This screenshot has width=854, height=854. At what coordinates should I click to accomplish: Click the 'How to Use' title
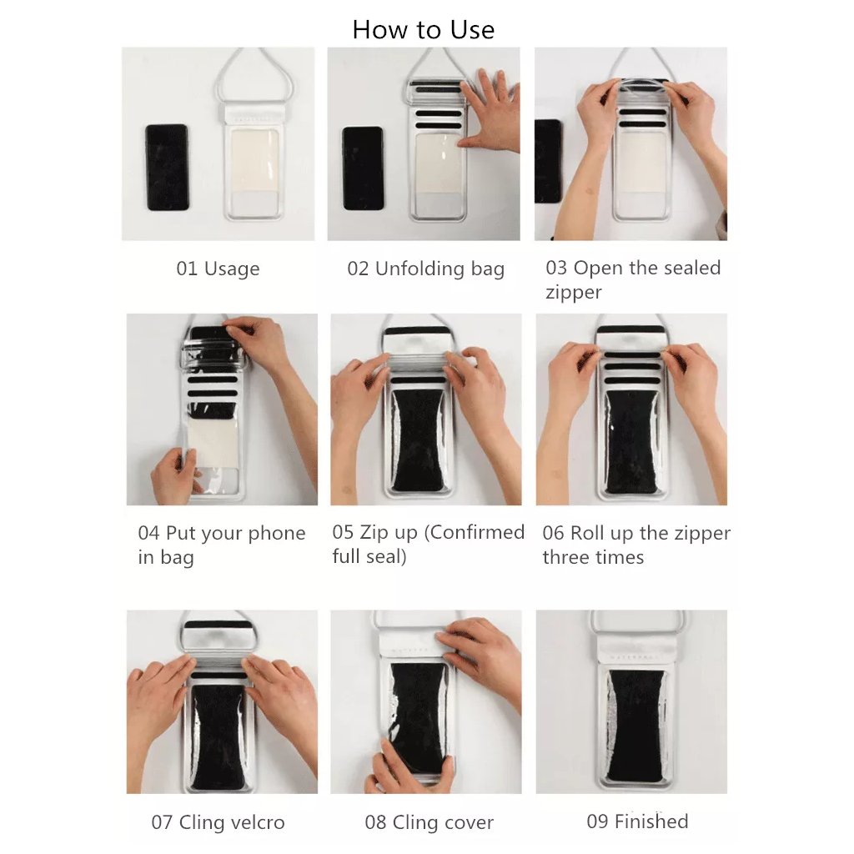[x=423, y=29]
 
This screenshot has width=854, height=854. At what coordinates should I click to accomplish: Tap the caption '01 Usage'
[x=218, y=269]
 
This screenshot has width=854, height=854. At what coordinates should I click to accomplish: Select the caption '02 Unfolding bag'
[x=426, y=269]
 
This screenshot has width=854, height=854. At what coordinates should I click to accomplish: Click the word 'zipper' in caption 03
[x=574, y=293]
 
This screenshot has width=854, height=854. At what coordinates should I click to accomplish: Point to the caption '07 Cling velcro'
[x=218, y=821]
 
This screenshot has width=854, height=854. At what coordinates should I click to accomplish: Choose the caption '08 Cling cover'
[x=430, y=822]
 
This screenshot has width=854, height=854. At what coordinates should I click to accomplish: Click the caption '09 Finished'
[x=637, y=821]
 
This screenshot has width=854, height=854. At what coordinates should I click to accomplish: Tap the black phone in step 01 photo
[x=167, y=167]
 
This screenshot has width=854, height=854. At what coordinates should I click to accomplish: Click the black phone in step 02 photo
[x=363, y=168]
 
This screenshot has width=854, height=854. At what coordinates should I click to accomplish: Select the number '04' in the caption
[x=148, y=533]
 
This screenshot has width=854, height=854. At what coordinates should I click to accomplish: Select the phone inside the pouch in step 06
[x=631, y=442]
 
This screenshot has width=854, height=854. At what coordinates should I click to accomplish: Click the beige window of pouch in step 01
[x=254, y=159]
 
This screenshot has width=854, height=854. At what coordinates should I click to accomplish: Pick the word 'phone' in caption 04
[x=276, y=534]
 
